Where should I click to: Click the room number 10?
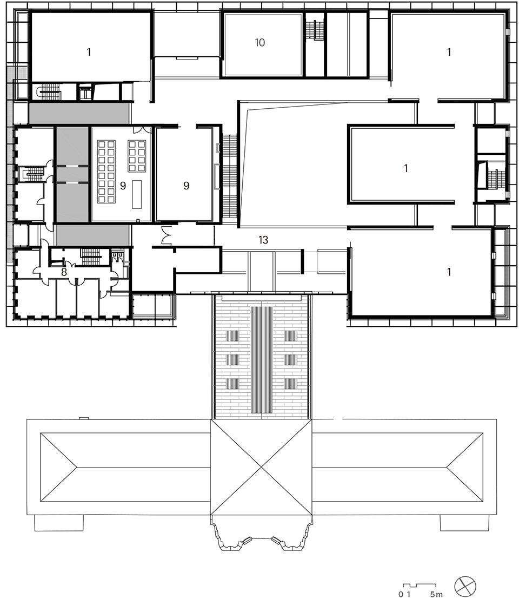[260, 42]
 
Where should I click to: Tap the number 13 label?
[263, 240]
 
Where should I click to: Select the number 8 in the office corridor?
[64, 272]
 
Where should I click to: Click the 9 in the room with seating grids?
[123, 186]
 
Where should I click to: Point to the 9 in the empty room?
[186, 186]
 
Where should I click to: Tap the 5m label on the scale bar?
[436, 595]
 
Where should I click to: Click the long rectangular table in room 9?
[137, 194]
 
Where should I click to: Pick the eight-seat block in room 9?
[136, 156]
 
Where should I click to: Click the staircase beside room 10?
[314, 30]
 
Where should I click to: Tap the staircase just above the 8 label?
[90, 256]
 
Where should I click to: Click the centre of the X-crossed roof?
[262, 467]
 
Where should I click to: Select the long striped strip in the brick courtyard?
[262, 360]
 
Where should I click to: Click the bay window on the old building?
[262, 535]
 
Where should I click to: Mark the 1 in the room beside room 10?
[449, 52]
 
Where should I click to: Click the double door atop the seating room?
[139, 130]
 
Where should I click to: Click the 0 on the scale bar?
[401, 595]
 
